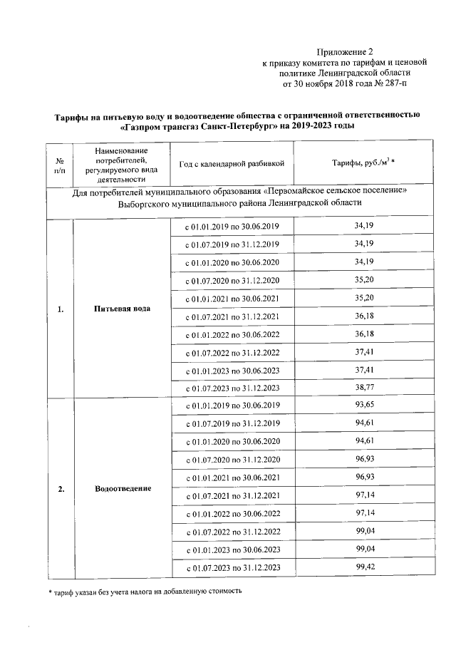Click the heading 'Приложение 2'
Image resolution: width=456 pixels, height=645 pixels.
(345, 52)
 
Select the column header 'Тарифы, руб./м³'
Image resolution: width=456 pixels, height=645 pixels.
(363, 163)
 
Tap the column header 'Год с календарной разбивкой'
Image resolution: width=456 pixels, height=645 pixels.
(232, 163)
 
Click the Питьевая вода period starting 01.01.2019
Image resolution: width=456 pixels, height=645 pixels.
(232, 226)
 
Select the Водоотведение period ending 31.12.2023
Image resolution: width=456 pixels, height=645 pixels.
(232, 567)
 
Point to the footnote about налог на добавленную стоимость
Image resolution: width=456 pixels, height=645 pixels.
(141, 592)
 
